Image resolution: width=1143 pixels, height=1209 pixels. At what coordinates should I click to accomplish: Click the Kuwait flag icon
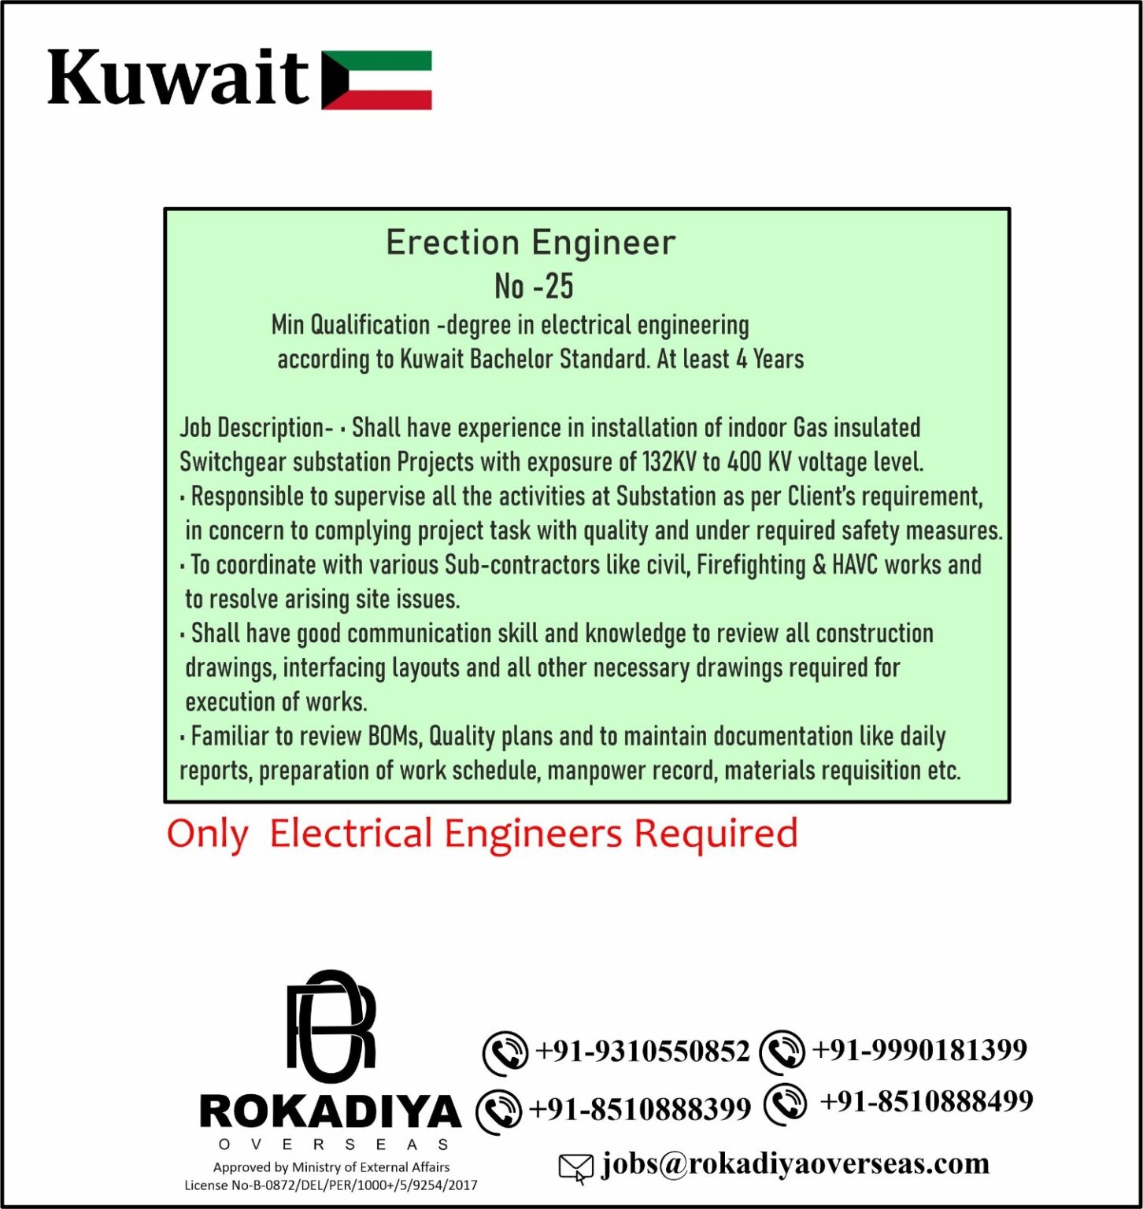pos(376,80)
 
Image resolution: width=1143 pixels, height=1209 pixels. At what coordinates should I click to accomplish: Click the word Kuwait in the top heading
pos(178,79)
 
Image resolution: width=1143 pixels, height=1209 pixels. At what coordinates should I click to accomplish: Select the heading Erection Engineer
pos(531,242)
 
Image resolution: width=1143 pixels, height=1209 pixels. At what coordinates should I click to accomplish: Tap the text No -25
pos(534,287)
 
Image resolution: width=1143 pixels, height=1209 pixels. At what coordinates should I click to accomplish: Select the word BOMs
pos(396,737)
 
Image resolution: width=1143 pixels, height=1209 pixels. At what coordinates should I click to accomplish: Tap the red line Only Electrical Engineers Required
pos(482,834)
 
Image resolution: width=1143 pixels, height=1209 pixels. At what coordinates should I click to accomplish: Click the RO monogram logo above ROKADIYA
pos(331,1026)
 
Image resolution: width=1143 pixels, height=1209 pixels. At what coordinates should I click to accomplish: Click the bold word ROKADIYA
pos(331,1112)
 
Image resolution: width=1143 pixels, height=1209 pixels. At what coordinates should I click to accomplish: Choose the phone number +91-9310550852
pos(642,1052)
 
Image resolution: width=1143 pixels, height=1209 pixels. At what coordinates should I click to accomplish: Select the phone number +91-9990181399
pos(919,1050)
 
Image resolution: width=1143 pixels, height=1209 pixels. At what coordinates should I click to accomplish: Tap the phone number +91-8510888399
pos(640,1110)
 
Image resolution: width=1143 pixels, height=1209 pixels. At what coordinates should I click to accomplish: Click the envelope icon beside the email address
pos(575,1167)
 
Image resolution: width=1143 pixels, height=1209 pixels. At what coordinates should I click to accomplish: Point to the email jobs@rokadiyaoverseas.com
pos(795,1164)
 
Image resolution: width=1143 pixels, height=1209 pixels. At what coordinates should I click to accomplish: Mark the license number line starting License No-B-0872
pos(331,1185)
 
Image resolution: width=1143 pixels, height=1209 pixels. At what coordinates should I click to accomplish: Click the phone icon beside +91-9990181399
pos(782,1052)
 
